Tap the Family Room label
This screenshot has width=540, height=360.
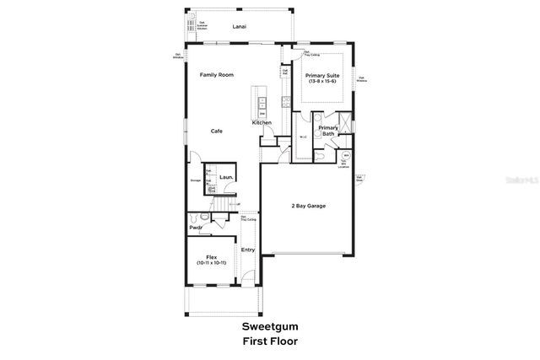coord(215,75)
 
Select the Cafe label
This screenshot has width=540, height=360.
coord(217,131)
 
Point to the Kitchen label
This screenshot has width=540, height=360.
coord(262,123)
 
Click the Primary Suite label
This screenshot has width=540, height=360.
coord(322,75)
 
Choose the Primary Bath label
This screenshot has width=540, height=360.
coord(328,132)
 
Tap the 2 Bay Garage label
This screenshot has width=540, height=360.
coord(308,206)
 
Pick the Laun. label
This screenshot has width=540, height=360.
coord(226,178)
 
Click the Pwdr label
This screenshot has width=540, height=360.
coord(196,228)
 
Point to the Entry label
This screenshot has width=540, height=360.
coord(248,250)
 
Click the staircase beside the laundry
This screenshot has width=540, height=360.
coord(223,203)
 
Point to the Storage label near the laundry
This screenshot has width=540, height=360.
coord(195,180)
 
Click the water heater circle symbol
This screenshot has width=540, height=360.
coord(346,156)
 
